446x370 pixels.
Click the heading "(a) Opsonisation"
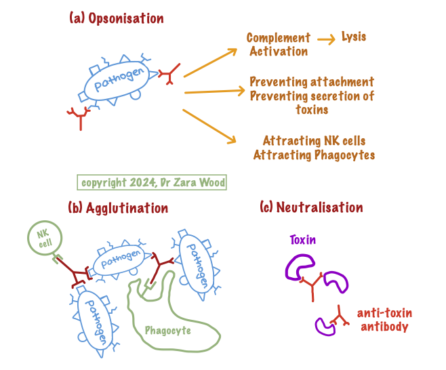pyautogui.click(x=116, y=18)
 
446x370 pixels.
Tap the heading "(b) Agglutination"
pyautogui.click(x=118, y=207)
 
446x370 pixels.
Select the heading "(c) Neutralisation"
pyautogui.click(x=311, y=207)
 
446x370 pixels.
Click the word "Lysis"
pyautogui.click(x=353, y=37)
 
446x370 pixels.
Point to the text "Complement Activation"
pyautogui.click(x=278, y=45)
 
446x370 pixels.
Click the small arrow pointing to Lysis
pyautogui.click(x=325, y=39)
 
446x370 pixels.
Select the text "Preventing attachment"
pyautogui.click(x=312, y=82)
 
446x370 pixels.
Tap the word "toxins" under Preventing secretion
pyautogui.click(x=312, y=109)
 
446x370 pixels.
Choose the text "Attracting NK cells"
pyautogui.click(x=314, y=141)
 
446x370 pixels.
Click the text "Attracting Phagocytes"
pyautogui.click(x=314, y=155)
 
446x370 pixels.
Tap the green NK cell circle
pyautogui.click(x=45, y=239)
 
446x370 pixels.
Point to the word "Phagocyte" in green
pyautogui.click(x=167, y=331)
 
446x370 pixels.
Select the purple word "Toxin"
pyautogui.click(x=303, y=240)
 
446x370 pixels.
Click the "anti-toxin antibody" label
pyautogui.click(x=384, y=319)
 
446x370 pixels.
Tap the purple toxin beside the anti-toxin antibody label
pyautogui.click(x=325, y=325)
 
